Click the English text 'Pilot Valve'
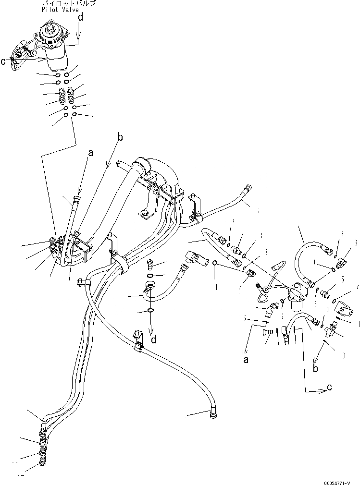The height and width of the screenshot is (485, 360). (60, 10)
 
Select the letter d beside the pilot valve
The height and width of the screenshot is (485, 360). (80, 18)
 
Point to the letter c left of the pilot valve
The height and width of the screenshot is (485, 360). (3, 61)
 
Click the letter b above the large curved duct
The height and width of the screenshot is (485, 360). (120, 137)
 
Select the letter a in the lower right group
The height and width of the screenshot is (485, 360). (246, 359)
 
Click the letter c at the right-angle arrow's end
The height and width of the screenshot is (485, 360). (329, 388)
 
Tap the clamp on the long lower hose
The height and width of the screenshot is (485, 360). (137, 339)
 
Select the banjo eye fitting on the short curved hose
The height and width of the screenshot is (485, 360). (149, 287)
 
